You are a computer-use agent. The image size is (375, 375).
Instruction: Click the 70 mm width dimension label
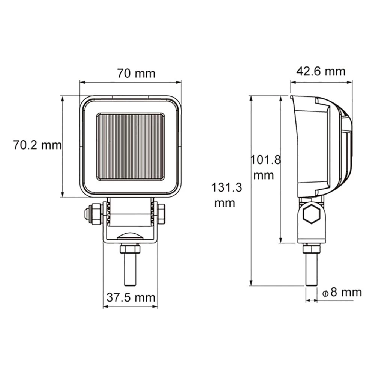(136, 73)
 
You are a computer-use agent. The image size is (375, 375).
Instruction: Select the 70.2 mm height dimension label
(37, 145)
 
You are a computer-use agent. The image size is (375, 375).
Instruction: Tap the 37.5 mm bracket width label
(130, 297)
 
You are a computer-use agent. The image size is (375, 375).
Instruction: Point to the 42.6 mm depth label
(321, 71)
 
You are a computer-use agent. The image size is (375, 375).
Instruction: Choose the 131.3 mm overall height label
(226, 195)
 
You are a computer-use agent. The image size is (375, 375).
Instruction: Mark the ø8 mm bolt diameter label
(342, 292)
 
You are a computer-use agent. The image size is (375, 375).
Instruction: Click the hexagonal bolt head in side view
(312, 214)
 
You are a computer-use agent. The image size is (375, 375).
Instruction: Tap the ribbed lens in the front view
(130, 146)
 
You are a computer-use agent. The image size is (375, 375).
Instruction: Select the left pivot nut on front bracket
(94, 214)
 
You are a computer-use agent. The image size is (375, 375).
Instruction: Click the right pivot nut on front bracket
(162, 214)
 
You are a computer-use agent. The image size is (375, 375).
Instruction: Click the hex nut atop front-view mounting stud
(130, 249)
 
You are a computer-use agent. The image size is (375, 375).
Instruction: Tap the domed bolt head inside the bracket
(130, 236)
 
